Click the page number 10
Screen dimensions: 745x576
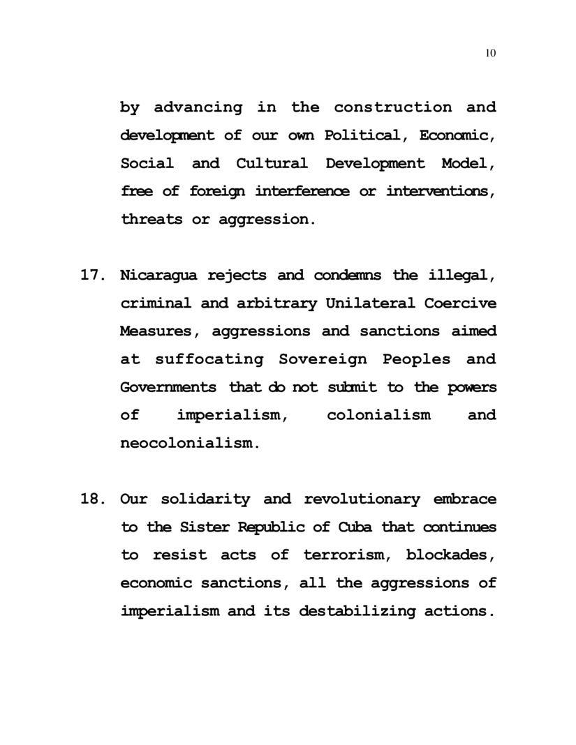tap(490, 54)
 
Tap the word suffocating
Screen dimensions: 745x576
tap(209, 359)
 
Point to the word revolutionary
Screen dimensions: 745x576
tap(362, 499)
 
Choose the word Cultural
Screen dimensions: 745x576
tap(272, 164)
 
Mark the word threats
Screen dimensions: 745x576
tap(150, 220)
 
